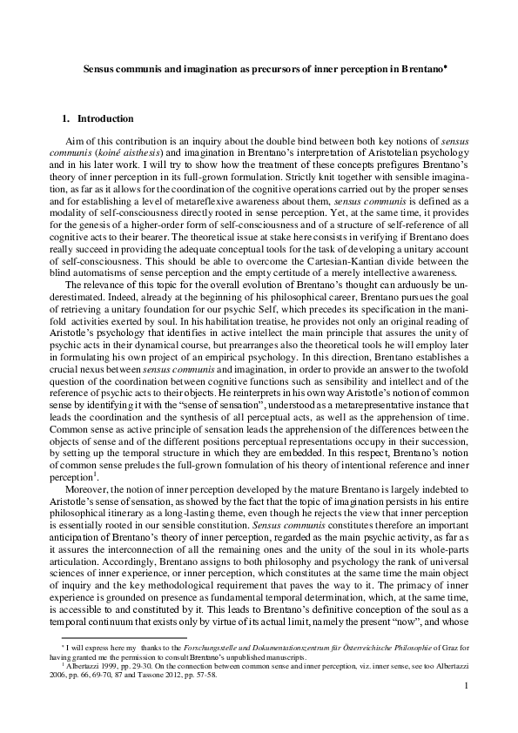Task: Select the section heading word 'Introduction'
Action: tap(105, 118)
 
